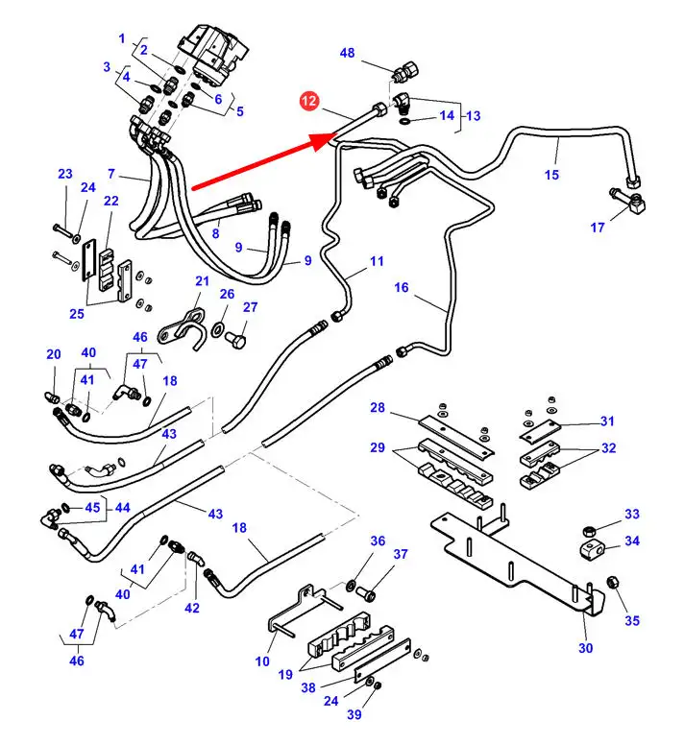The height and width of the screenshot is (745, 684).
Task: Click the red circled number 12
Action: (309, 99)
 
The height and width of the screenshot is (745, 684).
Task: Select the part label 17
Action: (598, 228)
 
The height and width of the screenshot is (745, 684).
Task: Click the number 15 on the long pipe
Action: (551, 175)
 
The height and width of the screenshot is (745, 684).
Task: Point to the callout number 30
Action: (585, 648)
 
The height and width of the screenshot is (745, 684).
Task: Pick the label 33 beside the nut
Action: (631, 516)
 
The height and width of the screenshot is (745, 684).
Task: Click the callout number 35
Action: (631, 620)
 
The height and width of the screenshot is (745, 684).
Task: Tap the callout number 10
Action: (263, 661)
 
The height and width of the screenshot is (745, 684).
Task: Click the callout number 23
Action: (64, 174)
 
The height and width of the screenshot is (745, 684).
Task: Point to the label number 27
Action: (250, 307)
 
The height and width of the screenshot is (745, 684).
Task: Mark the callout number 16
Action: (401, 287)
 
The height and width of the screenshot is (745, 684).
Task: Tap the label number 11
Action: (376, 261)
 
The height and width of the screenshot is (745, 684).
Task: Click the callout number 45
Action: (92, 508)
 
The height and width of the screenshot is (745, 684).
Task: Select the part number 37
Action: (401, 554)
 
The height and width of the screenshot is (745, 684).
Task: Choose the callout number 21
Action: (202, 280)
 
